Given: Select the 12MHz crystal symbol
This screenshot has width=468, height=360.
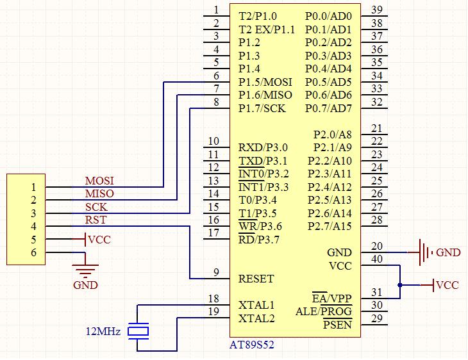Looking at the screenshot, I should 138,331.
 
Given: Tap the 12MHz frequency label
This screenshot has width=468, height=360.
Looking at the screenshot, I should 103,332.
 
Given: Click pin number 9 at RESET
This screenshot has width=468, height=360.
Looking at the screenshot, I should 216,272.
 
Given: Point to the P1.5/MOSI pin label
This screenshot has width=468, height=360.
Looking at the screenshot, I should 265,82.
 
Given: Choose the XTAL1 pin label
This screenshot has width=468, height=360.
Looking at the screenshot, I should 256,305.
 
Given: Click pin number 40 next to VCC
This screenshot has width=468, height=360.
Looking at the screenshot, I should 377,259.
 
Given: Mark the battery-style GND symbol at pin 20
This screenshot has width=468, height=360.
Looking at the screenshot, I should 422,252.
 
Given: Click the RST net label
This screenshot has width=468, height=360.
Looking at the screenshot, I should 96,220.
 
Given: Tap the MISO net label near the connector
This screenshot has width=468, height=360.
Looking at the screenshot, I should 99,193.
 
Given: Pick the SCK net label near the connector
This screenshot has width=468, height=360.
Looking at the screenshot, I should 96,207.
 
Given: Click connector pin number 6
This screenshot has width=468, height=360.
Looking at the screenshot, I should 33,252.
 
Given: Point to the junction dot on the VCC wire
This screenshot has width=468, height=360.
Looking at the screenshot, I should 399,285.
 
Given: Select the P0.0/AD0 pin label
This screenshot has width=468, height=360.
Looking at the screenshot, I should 328,16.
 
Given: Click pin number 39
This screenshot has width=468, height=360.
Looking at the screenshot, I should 377,9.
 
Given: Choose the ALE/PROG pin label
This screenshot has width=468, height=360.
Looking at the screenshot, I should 324,312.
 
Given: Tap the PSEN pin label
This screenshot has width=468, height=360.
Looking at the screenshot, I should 337,325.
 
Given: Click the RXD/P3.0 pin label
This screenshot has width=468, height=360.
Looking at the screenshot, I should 263,148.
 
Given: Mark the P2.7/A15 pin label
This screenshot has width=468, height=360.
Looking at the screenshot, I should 330,226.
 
